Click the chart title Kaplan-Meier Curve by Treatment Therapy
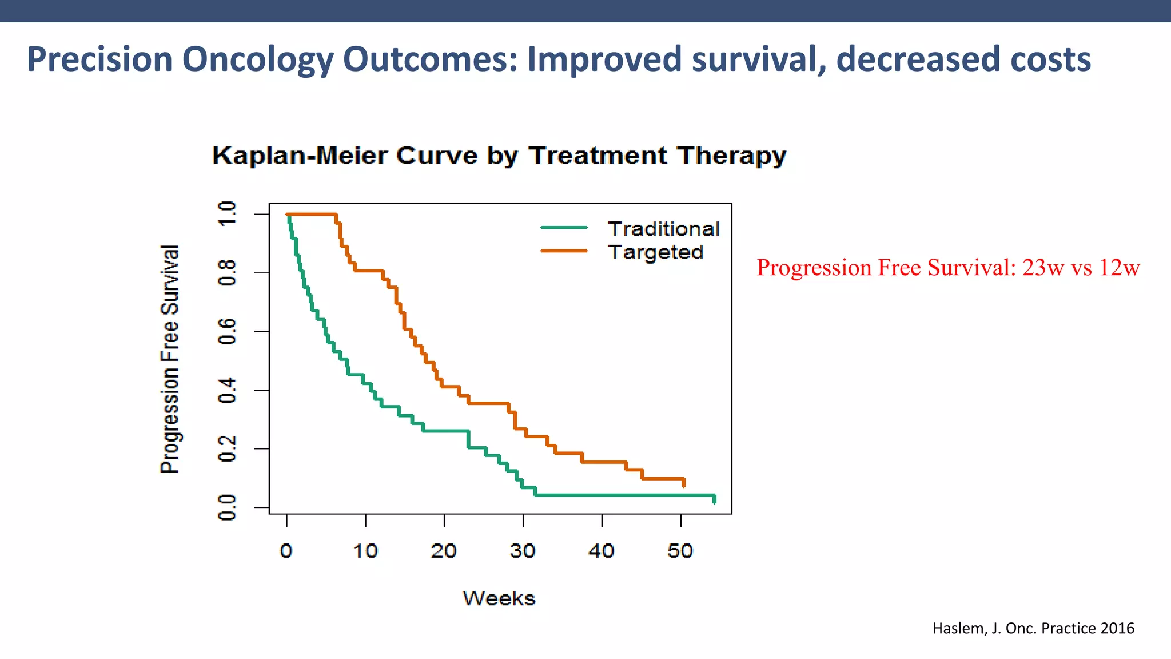[499, 156]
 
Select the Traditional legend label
[663, 229]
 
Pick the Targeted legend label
[655, 252]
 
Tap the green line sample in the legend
[564, 228]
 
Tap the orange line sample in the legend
[564, 251]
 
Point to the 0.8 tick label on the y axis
[227, 273]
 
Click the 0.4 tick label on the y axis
[227, 390]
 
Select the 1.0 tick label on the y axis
[227, 214]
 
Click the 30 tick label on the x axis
[522, 551]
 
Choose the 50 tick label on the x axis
[680, 551]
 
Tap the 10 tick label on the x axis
[365, 551]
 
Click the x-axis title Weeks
[499, 598]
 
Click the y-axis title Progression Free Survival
[170, 359]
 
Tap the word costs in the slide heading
[1050, 59]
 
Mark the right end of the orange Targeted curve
[683, 483]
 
